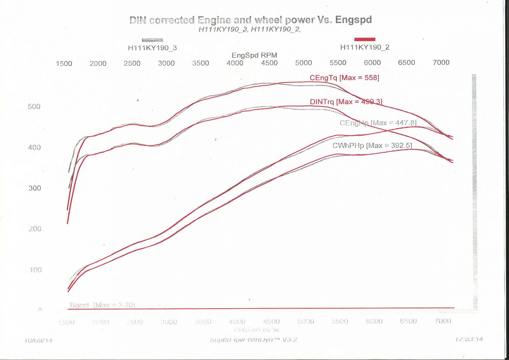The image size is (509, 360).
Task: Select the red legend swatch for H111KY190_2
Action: [365, 39]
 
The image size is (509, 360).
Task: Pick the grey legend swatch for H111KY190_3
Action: [152, 40]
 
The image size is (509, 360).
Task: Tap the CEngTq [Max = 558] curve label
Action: [344, 78]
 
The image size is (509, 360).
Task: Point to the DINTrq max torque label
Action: [346, 102]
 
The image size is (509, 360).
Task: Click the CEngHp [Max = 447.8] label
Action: [378, 123]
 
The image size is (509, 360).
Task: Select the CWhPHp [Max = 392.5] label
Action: [372, 146]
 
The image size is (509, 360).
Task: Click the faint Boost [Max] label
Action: [102, 305]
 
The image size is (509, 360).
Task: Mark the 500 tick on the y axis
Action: [34, 107]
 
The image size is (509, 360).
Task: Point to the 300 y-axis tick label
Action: [35, 188]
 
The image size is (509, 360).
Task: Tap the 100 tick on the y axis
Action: [35, 270]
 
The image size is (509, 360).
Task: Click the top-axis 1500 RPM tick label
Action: [64, 64]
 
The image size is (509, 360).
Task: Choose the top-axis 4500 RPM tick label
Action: [269, 63]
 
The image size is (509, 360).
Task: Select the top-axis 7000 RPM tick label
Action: [441, 63]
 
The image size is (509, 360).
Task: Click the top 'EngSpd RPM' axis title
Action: [254, 55]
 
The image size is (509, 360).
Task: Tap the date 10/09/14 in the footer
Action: [38, 341]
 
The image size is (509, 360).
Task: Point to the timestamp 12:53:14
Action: [469, 339]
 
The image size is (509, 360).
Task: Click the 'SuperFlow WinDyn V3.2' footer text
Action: [254, 340]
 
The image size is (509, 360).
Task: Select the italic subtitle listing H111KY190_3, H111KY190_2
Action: [249, 30]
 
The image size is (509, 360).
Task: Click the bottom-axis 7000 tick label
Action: [443, 321]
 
